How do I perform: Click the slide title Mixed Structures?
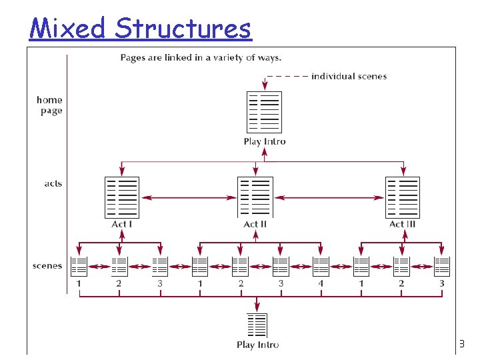pos(140,28)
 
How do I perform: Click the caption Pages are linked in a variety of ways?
pos(201,57)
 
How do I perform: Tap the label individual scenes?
pos(349,76)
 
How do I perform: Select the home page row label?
pos(50,105)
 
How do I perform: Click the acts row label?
pos(53,183)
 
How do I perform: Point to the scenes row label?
pos(47,266)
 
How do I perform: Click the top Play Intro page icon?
pos(264,112)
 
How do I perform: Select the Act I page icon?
pos(122,197)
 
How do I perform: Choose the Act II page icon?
pos(255,197)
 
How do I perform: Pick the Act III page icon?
pos(403,197)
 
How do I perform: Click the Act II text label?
pos(255,224)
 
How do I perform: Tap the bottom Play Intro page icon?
pos(257,325)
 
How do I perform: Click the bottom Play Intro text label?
pos(257,345)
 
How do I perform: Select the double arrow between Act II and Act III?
pos(329,197)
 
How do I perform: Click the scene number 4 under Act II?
pos(321,283)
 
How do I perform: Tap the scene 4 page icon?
pos(321,266)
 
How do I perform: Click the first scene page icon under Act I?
pos(79,266)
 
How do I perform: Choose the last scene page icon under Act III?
pos(441,266)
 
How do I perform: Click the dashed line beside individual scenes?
pos(287,76)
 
